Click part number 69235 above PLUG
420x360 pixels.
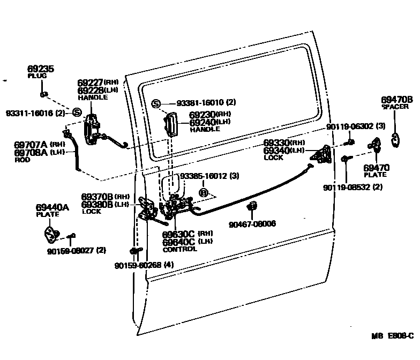[x=41, y=69]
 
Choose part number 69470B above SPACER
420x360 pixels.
[x=397, y=100]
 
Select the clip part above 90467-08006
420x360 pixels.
[x=252, y=206]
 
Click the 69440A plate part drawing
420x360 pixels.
[x=51, y=234]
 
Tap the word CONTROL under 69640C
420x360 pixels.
[x=179, y=249]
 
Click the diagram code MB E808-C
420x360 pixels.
[x=393, y=336]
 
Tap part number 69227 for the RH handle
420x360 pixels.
[x=90, y=83]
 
